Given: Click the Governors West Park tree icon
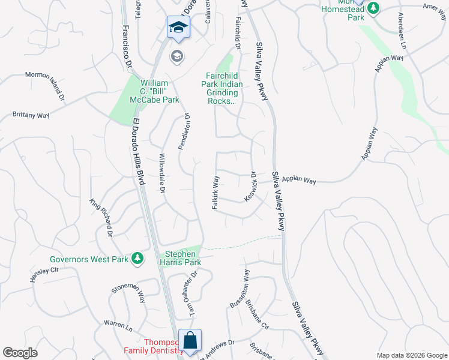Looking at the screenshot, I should point(138,258).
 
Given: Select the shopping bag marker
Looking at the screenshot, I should point(190,340).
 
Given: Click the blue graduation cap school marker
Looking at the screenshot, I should point(178,28).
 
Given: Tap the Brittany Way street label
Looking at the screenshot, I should point(31,114).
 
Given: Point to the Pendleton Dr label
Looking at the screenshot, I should point(183,132).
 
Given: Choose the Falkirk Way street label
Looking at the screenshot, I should point(214,192).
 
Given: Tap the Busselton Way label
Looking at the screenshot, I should point(240,289).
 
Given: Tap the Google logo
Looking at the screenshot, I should point(20,353).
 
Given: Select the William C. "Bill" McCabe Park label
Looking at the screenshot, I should point(160,91).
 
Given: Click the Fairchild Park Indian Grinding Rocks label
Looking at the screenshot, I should point(222,89).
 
